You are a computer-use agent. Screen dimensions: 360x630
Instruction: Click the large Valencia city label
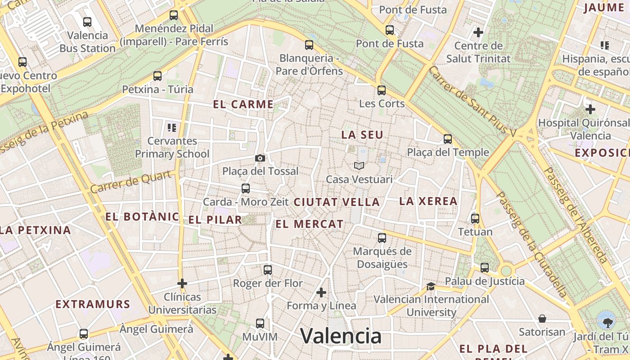click(341, 336)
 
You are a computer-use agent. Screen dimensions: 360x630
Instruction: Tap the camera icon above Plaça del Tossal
click(260, 158)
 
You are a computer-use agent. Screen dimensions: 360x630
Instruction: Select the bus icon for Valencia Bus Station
click(87, 22)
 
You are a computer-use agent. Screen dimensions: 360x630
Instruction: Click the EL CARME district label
click(243, 105)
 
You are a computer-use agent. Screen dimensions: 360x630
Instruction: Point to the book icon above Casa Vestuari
click(359, 166)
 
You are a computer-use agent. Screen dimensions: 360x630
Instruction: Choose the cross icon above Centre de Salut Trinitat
click(478, 32)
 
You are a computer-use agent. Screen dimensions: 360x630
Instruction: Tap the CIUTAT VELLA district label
click(337, 202)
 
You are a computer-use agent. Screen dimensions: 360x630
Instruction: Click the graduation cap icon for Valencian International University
click(431, 286)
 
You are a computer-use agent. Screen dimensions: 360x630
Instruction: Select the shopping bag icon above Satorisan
click(542, 319)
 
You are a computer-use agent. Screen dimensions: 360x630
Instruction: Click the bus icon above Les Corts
click(382, 90)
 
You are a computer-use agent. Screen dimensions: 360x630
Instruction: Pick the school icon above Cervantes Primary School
click(171, 128)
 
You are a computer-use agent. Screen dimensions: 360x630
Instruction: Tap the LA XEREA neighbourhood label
click(428, 201)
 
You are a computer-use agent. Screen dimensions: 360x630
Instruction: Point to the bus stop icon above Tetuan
click(475, 219)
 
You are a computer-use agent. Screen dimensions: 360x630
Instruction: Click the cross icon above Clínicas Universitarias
click(182, 283)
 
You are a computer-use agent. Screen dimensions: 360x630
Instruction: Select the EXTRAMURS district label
click(93, 304)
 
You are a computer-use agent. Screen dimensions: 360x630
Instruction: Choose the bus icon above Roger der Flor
click(268, 270)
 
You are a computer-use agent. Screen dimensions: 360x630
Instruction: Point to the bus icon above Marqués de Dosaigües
click(382, 238)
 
